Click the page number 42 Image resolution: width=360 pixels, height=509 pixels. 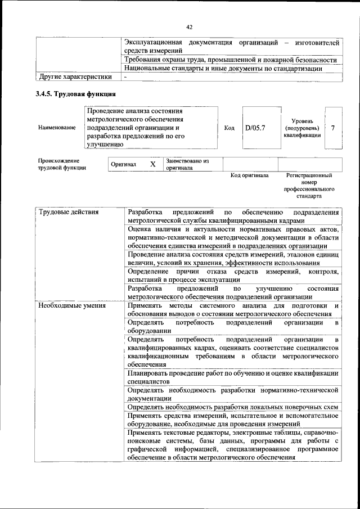(189, 27)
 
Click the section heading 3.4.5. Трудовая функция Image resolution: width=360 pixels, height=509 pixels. (76, 94)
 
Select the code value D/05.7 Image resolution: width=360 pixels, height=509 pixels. (254, 128)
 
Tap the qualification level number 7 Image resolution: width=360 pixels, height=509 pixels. (333, 128)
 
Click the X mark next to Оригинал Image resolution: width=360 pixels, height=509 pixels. (152, 164)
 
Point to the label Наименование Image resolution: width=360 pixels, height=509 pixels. (57, 128)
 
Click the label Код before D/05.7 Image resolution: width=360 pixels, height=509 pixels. (229, 128)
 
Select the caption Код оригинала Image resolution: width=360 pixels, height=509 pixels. (250, 175)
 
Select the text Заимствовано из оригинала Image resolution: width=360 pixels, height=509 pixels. (187, 164)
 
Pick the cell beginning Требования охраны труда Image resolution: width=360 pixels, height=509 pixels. (232, 60)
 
